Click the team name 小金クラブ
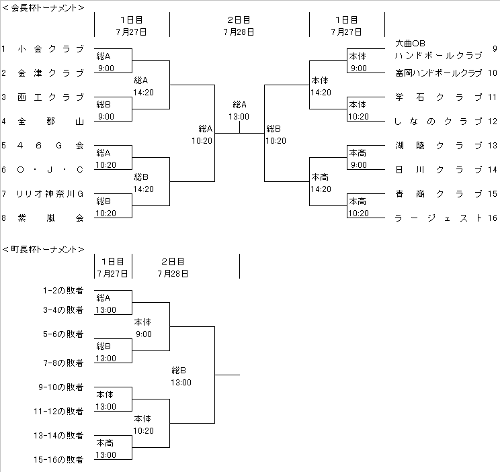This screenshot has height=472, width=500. click(51, 49)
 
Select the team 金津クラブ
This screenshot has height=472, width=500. click(51, 73)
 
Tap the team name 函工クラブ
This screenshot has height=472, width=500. click(51, 97)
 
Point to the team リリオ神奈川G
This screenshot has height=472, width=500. click(51, 194)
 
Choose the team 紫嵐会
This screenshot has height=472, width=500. click(51, 218)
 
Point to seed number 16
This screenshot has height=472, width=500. click(492, 218)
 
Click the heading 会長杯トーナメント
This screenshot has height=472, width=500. click(44, 8)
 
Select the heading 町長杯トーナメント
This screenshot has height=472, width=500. click(44, 250)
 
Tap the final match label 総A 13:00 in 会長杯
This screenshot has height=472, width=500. click(239, 110)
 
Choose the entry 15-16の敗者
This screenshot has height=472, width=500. click(60, 460)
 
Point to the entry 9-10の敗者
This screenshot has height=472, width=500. click(60, 387)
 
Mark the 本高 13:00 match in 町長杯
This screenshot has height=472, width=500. click(106, 449)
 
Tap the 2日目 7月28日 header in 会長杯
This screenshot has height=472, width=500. click(239, 26)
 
